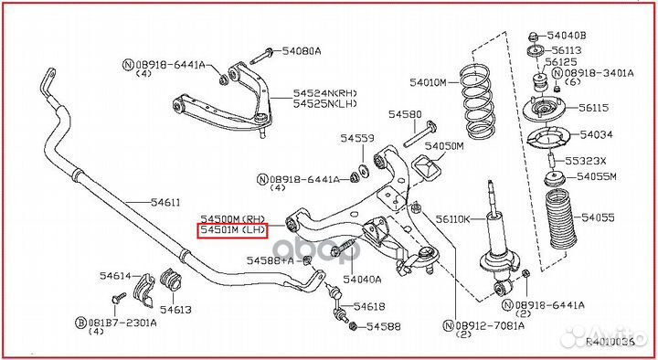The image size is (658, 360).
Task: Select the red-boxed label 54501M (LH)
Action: tap(233, 232)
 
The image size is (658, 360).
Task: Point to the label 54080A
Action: tap(302, 51)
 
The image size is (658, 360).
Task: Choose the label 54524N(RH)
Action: tap(325, 93)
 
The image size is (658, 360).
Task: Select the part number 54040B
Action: tap(569, 35)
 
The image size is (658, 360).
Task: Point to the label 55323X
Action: tap(585, 160)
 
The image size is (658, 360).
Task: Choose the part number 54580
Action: tap(404, 114)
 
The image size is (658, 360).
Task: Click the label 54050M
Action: tap(446, 145)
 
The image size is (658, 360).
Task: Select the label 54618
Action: tap(368, 307)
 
